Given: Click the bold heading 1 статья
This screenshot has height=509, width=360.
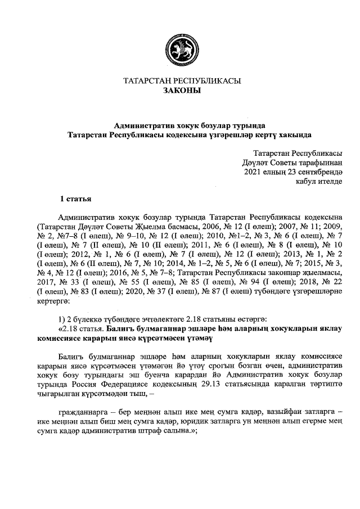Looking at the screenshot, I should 76,199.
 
